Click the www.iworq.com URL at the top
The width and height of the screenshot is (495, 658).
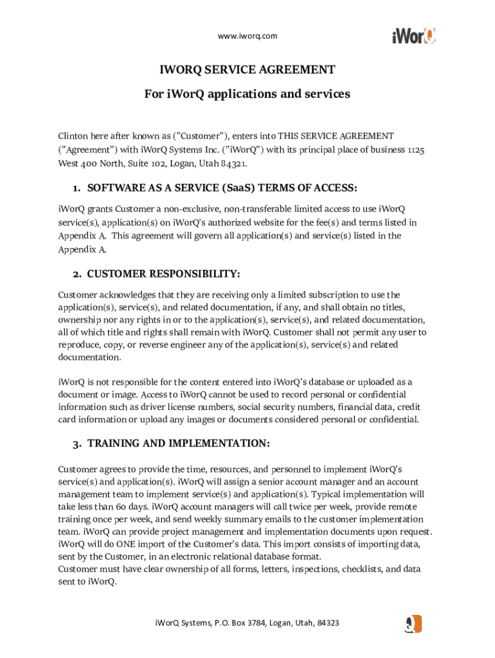pos(248,36)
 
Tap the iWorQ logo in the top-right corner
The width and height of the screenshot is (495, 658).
pos(413,35)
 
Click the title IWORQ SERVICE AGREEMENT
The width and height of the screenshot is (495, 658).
pos(248,69)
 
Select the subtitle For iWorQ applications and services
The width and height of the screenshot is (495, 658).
pos(248,94)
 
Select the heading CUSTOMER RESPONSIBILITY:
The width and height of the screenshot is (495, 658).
pos(163,274)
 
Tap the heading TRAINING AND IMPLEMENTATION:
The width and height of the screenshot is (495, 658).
pos(179,444)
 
